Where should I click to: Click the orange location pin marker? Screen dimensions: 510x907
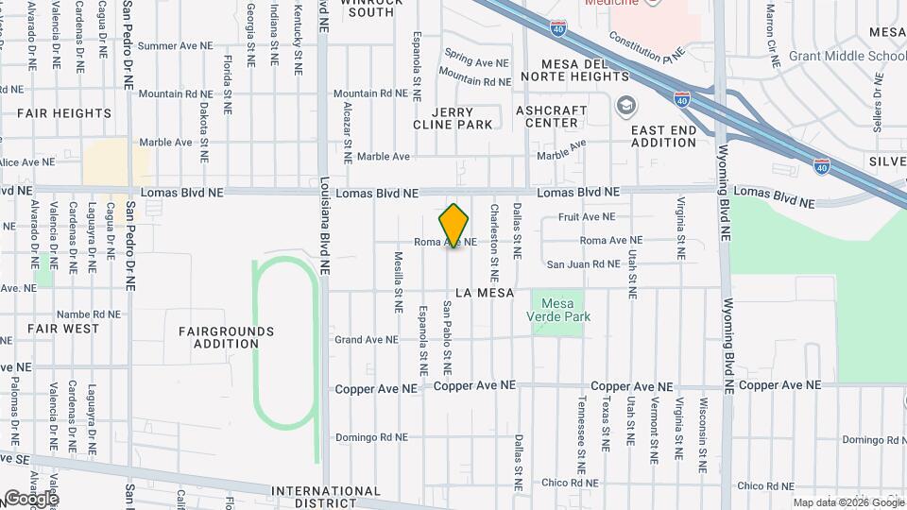[x=453, y=225]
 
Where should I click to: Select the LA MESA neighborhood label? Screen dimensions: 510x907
[x=484, y=293]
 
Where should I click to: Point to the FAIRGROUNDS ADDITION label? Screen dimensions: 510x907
[x=226, y=337]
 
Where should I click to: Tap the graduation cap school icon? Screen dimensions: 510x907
[x=625, y=105]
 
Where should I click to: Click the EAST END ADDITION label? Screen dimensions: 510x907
[x=663, y=136]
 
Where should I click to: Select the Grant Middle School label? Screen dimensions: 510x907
[x=847, y=56]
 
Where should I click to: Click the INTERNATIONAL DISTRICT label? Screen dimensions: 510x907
[x=325, y=497]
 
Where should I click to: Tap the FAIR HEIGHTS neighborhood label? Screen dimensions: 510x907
[x=64, y=113]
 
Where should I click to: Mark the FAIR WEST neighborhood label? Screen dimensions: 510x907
[x=63, y=329]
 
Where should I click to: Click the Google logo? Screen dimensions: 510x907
[x=30, y=498]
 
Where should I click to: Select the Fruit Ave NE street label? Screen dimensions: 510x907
[x=588, y=217]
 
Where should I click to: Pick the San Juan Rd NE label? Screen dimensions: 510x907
[x=583, y=264]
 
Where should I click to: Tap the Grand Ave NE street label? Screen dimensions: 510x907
[x=366, y=339]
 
